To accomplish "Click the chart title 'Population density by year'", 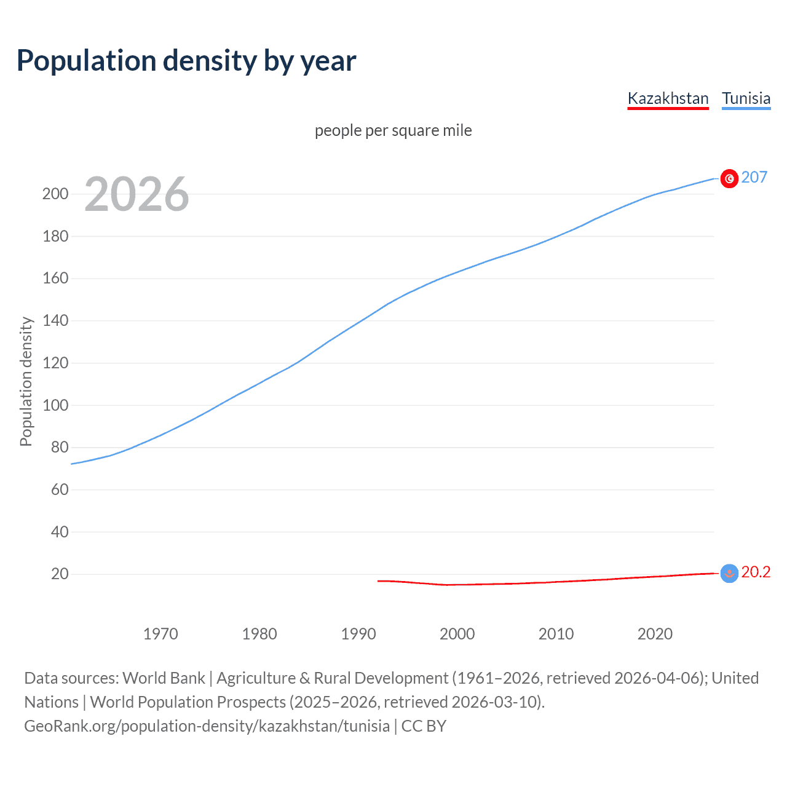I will point(186,61).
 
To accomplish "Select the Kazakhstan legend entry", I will point(668,98).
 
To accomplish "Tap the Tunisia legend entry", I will point(746,98).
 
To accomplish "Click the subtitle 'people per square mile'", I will point(393,130).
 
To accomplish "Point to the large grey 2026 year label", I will point(136,194).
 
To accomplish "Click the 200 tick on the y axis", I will point(55,194).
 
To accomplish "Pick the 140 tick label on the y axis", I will point(55,321).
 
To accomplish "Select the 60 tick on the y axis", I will point(59,490).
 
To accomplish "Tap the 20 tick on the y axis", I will point(59,574).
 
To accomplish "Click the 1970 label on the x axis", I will point(160,634).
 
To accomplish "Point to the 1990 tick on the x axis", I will point(358,634).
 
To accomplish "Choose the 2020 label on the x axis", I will point(655,634).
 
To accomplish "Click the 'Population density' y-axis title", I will point(26,381).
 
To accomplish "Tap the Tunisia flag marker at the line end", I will point(729,178).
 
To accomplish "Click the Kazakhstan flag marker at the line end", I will point(729,574).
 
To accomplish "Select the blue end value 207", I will point(754,178).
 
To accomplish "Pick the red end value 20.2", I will point(756,572).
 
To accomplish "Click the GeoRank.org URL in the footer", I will point(207,726).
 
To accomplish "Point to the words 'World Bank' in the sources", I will point(164,678).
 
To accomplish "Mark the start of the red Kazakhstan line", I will point(378,581).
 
